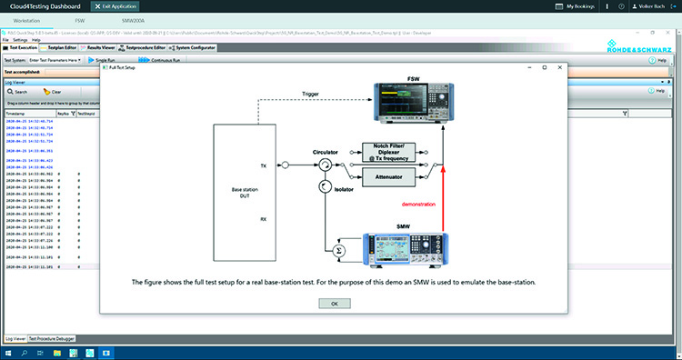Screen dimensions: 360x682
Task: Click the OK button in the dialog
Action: (x=334, y=303)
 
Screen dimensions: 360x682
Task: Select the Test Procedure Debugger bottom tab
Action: (x=52, y=338)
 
